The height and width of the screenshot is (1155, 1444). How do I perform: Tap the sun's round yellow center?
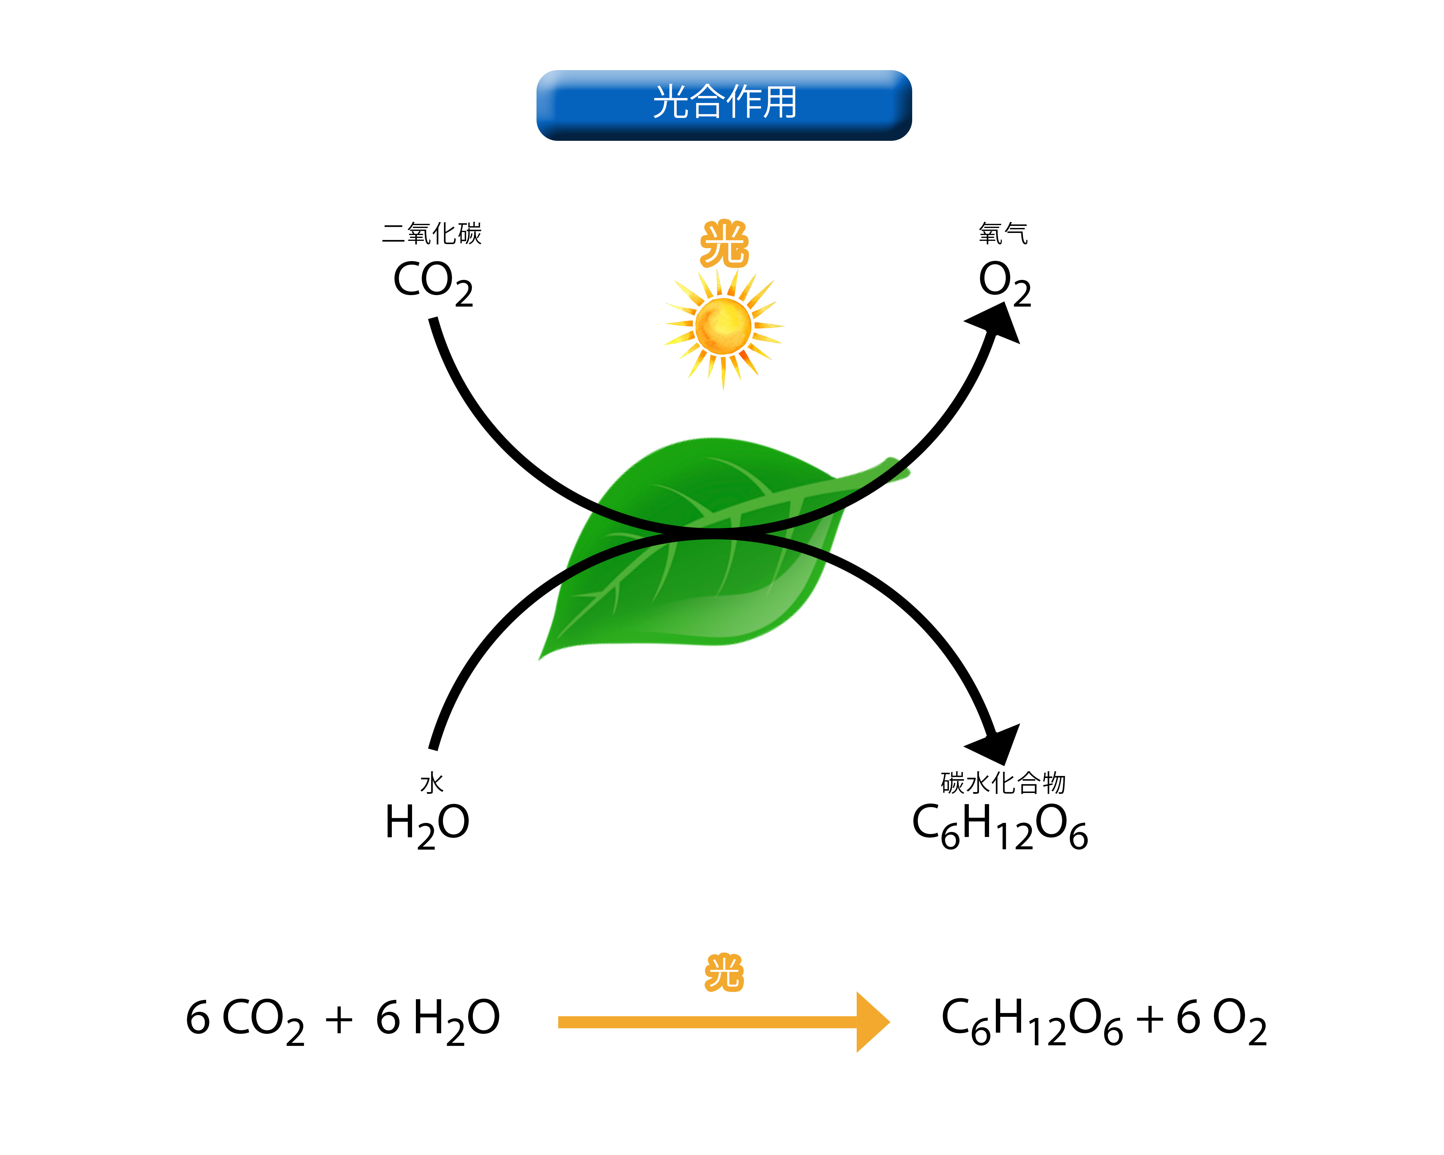pyautogui.click(x=723, y=326)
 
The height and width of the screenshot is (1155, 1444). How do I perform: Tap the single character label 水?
pyautogui.click(x=432, y=783)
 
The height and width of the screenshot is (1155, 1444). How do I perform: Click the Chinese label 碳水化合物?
pyautogui.click(x=1003, y=783)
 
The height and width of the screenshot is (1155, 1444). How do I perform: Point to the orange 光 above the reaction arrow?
pyautogui.click(x=724, y=973)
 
